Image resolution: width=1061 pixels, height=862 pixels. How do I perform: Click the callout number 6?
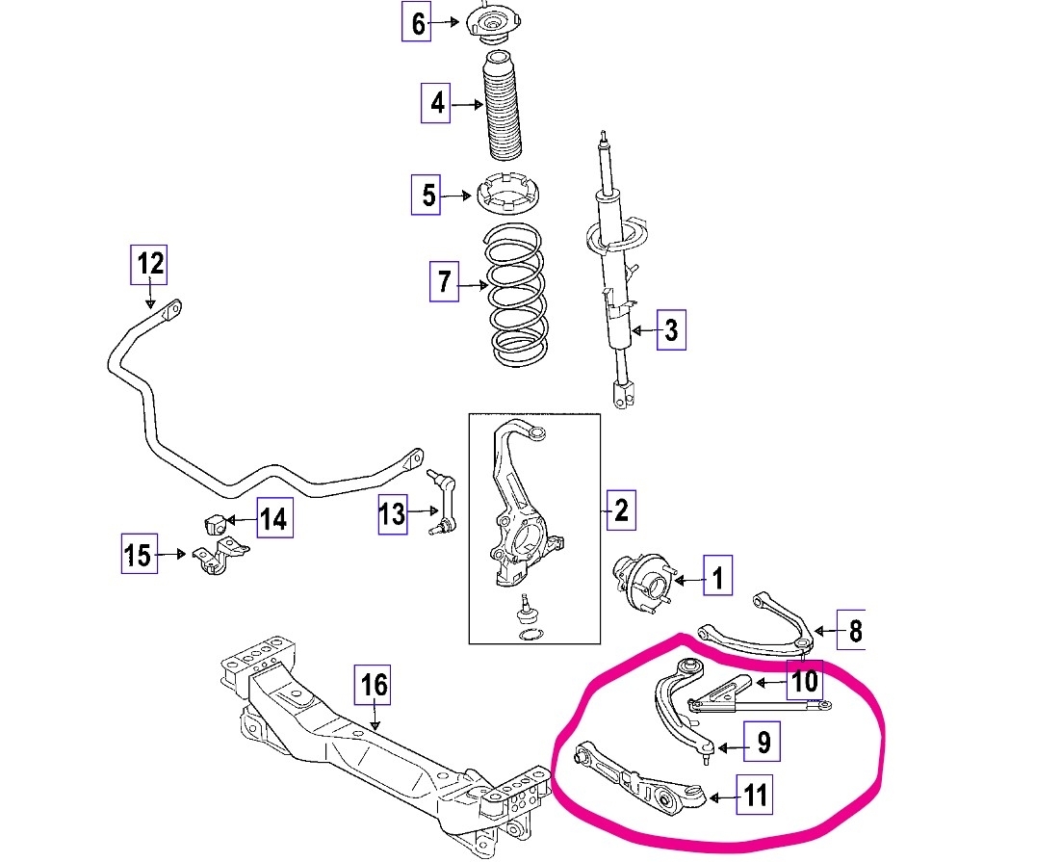(x=417, y=23)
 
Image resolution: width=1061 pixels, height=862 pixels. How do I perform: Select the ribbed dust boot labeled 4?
(x=500, y=112)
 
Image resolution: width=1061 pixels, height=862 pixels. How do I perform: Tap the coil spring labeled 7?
(x=518, y=294)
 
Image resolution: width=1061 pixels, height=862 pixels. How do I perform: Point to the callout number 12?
(x=149, y=263)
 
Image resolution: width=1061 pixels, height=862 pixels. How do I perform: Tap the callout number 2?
(x=621, y=509)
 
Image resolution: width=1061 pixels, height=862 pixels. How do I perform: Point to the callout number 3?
(x=671, y=331)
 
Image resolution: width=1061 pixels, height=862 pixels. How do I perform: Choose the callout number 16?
(x=374, y=686)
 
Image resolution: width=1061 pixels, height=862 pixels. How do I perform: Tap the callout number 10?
(x=804, y=682)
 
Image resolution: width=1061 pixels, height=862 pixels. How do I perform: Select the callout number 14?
(x=273, y=520)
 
